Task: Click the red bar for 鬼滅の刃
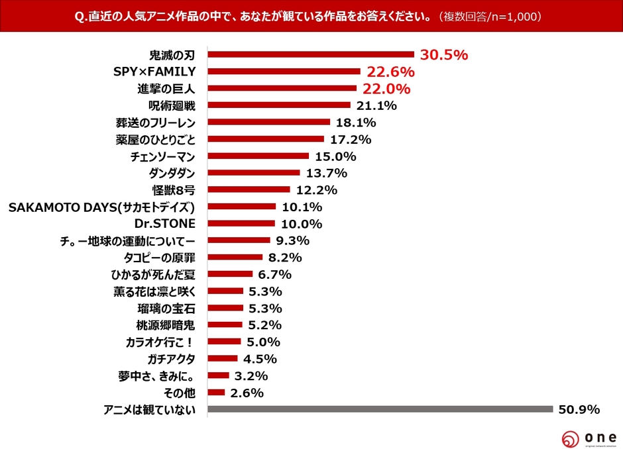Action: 310,55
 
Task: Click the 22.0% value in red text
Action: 384,89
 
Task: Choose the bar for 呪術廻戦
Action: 278,105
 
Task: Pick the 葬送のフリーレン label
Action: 155,123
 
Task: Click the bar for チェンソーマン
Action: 258,156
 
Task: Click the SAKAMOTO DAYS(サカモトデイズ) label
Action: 101,207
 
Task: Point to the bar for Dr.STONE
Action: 241,224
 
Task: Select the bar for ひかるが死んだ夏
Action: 230,274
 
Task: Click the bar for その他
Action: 216,393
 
